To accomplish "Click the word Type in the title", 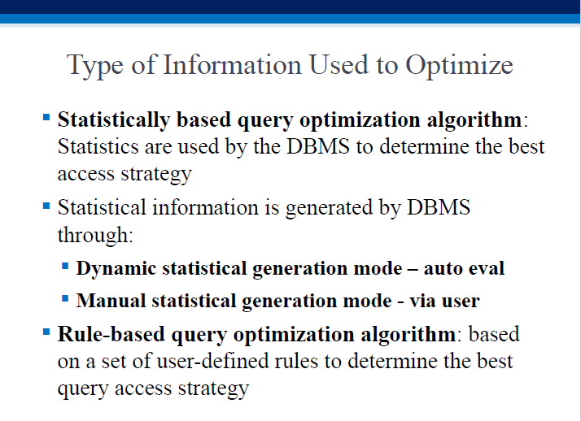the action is pos(95,66).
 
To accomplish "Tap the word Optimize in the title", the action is pos(459,66).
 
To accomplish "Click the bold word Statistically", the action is pos(114,120).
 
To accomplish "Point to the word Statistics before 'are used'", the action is pos(98,146).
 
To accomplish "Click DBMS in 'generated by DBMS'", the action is pos(439,206).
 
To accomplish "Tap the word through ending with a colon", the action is pos(95,235).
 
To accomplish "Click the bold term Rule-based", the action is pos(111,334).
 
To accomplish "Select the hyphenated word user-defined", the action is pos(212,361).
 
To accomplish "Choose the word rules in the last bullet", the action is pos(296,361).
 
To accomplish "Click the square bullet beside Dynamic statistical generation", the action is pos(65,266).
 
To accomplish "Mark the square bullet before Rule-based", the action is pos(46,331).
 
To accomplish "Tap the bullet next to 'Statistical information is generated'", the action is pos(46,206).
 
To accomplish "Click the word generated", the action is pos(329,208).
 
